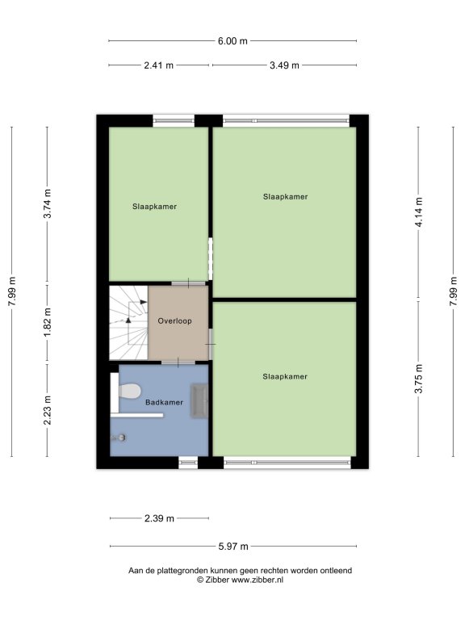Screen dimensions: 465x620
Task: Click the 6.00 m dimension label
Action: [x=232, y=41]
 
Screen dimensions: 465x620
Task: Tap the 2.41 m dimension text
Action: [x=158, y=65]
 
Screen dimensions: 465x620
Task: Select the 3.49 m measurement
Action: [x=284, y=65]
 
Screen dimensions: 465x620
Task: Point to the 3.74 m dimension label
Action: [x=48, y=203]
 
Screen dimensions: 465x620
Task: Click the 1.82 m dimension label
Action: [x=48, y=322]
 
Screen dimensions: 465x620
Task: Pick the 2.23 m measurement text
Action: [x=48, y=410]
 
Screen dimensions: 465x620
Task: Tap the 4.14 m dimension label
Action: [x=419, y=212]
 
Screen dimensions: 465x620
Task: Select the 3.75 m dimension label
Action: [x=419, y=379]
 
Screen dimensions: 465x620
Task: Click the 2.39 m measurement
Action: [x=159, y=518]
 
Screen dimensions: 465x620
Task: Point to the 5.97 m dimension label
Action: [x=233, y=547]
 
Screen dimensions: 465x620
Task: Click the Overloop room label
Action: [x=174, y=321]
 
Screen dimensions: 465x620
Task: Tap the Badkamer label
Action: [x=164, y=403]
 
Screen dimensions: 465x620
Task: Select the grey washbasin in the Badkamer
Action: [x=199, y=400]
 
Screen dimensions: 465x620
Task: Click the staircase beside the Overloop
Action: [x=128, y=323]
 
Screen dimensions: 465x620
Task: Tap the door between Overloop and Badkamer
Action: [x=178, y=362]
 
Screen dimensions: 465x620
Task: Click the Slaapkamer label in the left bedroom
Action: [x=155, y=207]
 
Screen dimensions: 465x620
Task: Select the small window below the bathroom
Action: [x=188, y=462]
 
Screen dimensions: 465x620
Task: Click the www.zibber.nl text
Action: [x=258, y=580]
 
